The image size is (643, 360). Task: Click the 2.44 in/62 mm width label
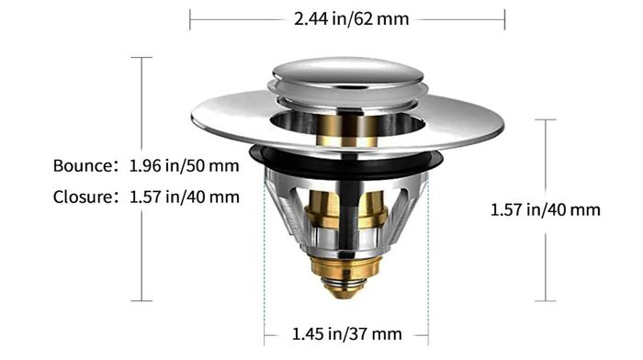pyautogui.click(x=352, y=19)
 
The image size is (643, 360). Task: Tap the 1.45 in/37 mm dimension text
pyautogui.click(x=346, y=333)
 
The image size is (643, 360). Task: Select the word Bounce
pyautogui.click(x=83, y=165)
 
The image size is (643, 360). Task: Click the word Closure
pyautogui.click(x=83, y=197)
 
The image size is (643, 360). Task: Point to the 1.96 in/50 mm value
pyautogui.click(x=184, y=165)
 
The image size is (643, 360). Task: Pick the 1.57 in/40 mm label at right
pyautogui.click(x=546, y=210)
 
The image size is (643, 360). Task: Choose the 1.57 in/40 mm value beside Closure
pyautogui.click(x=185, y=197)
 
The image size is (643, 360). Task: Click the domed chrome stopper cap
pyautogui.click(x=348, y=74)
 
